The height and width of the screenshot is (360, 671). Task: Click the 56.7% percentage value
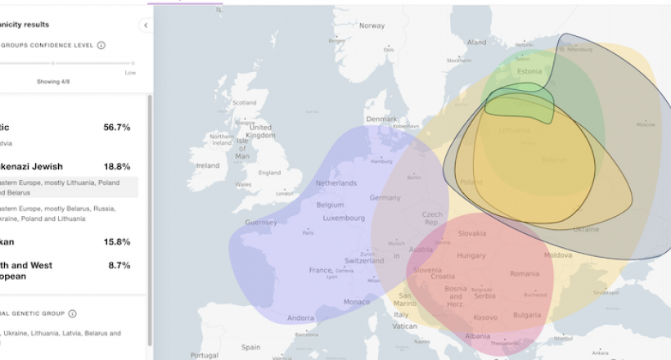coord(116,127)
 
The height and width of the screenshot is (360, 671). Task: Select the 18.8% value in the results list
coord(116,166)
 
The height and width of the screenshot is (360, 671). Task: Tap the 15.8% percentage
coord(116,241)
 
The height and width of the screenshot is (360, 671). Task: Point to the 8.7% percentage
coord(119,266)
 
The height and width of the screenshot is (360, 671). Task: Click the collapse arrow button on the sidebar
coord(146,25)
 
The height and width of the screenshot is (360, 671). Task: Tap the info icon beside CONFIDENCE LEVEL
coord(101,45)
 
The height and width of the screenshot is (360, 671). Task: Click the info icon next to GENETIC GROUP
coord(72,313)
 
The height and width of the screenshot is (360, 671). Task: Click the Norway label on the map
coord(372,25)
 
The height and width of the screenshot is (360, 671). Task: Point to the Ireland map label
coord(208,165)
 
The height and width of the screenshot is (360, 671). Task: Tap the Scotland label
coord(245,103)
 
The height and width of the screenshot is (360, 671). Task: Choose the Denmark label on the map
coord(381,119)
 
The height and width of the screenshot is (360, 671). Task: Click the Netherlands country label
coord(336,182)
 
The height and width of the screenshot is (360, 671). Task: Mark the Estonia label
coord(530,71)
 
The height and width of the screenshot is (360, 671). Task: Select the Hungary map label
coord(471,255)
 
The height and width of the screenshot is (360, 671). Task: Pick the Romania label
coord(525,273)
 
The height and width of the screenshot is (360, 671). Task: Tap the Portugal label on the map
coord(205,355)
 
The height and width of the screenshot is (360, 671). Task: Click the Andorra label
coord(301,317)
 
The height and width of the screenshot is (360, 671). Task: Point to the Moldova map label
coord(558,255)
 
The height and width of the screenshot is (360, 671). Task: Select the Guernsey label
coord(261,223)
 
